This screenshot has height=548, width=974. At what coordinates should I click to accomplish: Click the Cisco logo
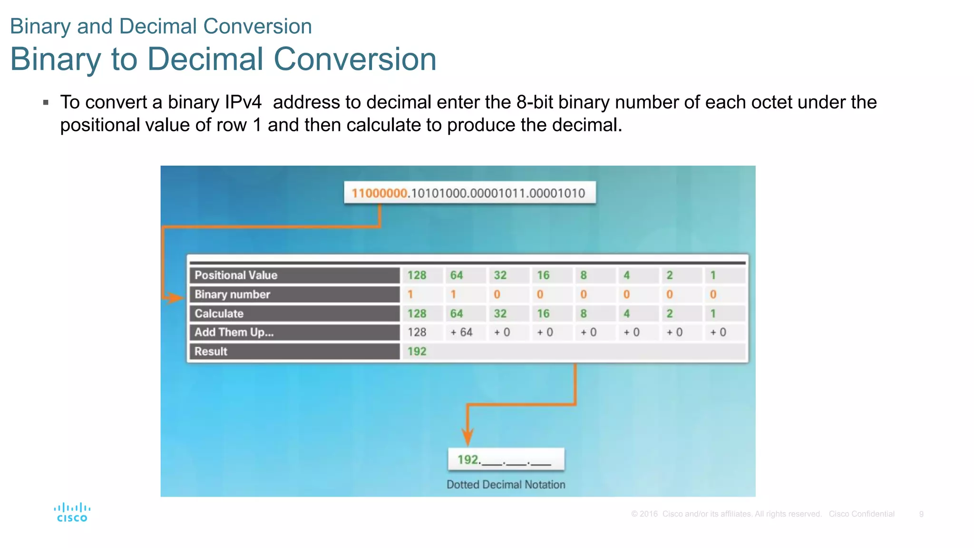click(72, 512)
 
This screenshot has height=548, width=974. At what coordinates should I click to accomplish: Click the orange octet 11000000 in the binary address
click(380, 193)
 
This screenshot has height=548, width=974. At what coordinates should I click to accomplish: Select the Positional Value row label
click(236, 275)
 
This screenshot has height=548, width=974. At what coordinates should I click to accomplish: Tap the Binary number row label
click(232, 294)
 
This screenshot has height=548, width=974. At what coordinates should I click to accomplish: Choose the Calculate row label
click(219, 313)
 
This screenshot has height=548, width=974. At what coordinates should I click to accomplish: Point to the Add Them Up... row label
click(234, 332)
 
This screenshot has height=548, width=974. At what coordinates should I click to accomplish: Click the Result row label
click(211, 352)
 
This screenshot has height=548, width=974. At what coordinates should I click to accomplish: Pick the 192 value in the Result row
click(417, 352)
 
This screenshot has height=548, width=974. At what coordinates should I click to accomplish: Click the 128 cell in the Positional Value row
click(417, 275)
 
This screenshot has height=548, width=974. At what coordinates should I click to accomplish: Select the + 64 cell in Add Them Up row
click(461, 332)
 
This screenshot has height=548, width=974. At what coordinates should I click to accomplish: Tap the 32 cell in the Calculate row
click(500, 313)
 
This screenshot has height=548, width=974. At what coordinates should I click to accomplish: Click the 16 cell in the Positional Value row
click(543, 275)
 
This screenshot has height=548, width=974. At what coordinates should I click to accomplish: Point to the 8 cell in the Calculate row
click(584, 313)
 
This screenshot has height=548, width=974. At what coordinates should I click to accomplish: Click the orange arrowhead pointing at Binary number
click(175, 298)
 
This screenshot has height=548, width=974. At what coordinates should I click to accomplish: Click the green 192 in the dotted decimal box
click(468, 460)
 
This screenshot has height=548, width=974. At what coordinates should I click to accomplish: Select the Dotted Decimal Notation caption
click(506, 485)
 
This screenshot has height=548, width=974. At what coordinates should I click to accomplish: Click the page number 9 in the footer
click(921, 514)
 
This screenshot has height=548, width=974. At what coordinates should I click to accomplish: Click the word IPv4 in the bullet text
click(243, 102)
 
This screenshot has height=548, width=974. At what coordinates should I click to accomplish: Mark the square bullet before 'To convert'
click(46, 102)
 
